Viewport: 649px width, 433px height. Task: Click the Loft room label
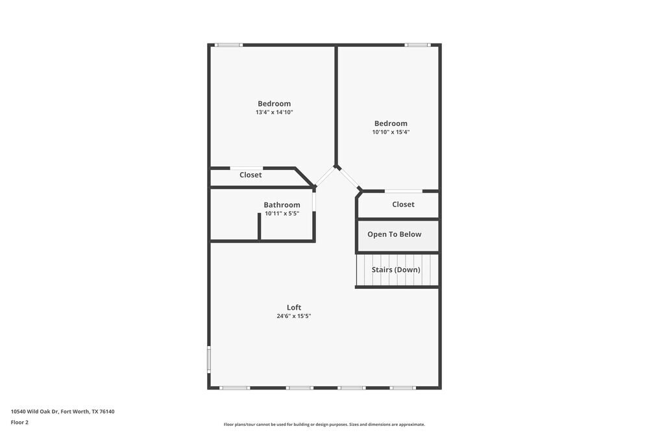click(294, 308)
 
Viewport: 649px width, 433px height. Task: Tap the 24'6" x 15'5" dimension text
click(294, 316)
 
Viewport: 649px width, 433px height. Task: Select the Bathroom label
click(282, 205)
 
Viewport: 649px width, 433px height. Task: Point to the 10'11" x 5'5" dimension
click(282, 214)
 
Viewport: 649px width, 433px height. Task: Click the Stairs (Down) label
click(396, 269)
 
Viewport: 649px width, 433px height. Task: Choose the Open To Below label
click(394, 234)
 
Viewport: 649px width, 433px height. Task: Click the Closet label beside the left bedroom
click(251, 175)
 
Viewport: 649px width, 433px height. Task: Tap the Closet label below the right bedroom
click(403, 204)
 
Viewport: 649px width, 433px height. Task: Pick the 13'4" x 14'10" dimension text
click(274, 112)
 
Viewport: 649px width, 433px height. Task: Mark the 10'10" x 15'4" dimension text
click(391, 132)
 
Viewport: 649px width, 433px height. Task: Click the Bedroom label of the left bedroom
click(274, 103)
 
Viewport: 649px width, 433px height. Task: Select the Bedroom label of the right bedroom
click(391, 123)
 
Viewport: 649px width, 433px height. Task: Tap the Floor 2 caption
click(19, 422)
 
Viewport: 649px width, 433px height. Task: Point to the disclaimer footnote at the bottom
click(324, 425)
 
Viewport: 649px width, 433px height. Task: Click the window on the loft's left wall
click(209, 358)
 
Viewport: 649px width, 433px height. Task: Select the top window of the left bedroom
click(228, 45)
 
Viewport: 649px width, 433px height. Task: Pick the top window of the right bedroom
click(417, 45)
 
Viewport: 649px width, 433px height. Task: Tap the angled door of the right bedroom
click(349, 179)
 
